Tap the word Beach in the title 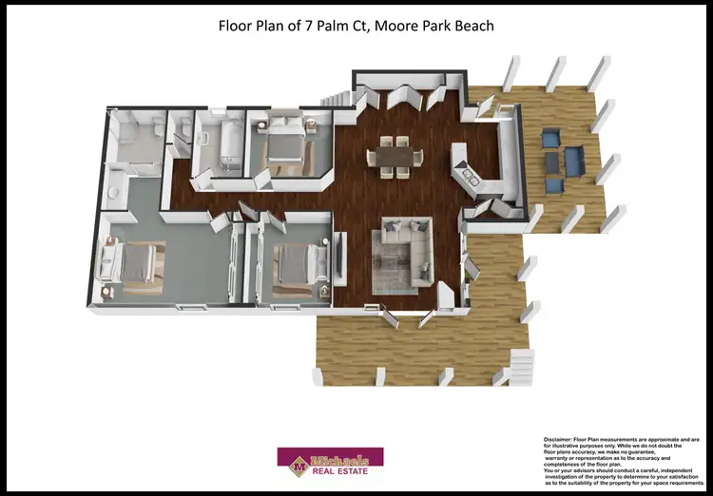tap(472, 25)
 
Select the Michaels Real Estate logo tap(329, 461)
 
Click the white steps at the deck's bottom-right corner tap(521, 362)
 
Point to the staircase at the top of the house tap(337, 98)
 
